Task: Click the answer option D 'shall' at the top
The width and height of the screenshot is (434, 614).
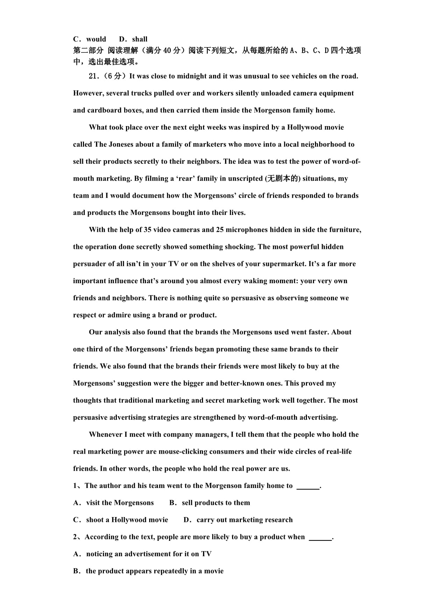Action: [x=133, y=39]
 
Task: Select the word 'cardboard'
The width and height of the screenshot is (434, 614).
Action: [x=102, y=110]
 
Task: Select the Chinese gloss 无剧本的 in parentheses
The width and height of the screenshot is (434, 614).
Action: [x=283, y=179]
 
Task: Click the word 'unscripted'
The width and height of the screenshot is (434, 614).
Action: [x=245, y=179]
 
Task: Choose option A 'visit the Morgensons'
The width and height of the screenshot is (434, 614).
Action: [x=113, y=503]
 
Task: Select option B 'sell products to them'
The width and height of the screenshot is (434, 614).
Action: [x=210, y=503]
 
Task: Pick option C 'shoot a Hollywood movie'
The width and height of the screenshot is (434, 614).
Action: [x=121, y=520]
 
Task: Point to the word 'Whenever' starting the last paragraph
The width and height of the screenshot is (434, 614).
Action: [x=105, y=435]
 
